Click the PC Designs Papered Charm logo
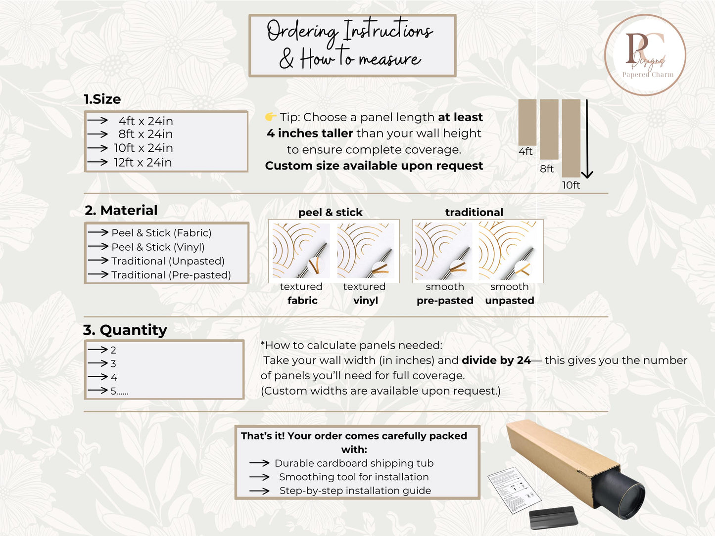tap(645, 55)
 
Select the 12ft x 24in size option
tap(143, 162)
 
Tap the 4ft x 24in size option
tap(145, 121)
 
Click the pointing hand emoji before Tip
tap(270, 117)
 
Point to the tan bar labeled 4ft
tap(527, 122)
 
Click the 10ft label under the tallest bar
tap(571, 185)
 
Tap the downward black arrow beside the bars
tap(587, 139)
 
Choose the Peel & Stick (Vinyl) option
tap(158, 247)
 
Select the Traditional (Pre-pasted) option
tap(171, 275)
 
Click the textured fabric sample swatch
tap(301, 250)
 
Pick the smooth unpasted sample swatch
tap(507, 250)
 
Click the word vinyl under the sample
tap(366, 300)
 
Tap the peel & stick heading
tap(331, 212)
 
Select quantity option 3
tap(113, 363)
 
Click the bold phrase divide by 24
tap(496, 360)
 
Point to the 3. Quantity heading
tap(125, 330)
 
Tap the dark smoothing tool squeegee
tap(553, 517)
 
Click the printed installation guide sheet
tap(514, 490)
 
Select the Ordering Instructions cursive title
tap(350, 30)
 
